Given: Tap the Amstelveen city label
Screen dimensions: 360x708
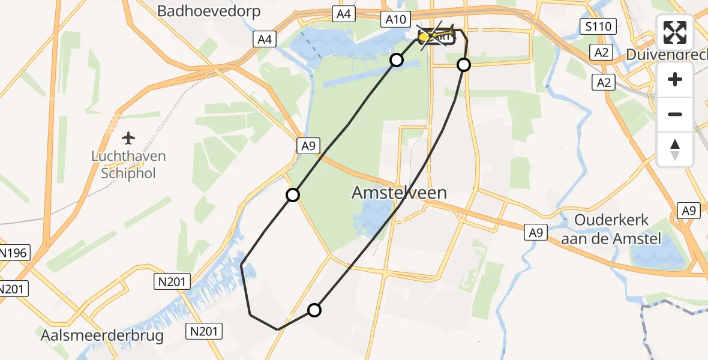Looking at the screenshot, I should pos(399,193).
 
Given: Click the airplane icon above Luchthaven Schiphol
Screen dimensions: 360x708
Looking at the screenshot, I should pos(128,138).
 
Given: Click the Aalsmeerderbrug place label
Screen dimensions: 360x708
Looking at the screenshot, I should pos(102,335).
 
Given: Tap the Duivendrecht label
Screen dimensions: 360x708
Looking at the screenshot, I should pos(666,55).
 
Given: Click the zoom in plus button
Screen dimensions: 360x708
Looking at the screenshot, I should pos(675,79).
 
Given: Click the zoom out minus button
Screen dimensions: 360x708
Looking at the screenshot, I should pos(675,114).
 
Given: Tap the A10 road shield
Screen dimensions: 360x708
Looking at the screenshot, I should pos(395,20).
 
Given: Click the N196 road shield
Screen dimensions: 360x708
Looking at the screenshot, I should pos(12,253).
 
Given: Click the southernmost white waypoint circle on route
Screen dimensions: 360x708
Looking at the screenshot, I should pos(314,310).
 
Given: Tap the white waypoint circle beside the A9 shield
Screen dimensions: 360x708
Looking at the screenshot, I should pos(292,195).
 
